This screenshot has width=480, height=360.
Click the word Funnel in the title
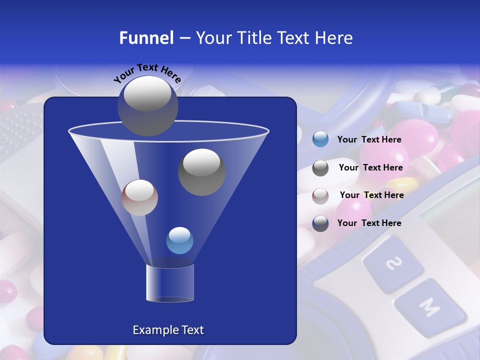coord(146,38)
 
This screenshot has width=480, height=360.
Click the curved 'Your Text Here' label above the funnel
coord(147,73)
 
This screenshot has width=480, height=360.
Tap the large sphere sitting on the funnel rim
coord(147,105)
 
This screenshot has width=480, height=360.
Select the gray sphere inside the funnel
coord(201,171)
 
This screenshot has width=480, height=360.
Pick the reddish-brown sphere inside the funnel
coord(139,197)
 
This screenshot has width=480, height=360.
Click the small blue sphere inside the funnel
coord(179,240)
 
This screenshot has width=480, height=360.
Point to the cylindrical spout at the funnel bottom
coord(169,282)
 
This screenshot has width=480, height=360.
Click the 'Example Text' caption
coord(168,330)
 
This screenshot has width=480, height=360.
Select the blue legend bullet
coord(320,139)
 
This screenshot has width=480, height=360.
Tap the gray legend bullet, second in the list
coord(320,168)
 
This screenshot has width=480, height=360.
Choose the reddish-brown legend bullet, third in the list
coord(320,195)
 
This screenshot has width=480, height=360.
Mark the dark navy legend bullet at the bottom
coord(320,223)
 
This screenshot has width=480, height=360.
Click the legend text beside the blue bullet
coord(369,140)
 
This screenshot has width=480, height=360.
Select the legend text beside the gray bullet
coord(370,168)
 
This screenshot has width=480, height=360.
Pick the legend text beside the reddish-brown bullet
coord(371,195)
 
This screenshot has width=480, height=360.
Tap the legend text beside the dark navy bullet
coord(369,223)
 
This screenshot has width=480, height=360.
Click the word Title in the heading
coord(254,38)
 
